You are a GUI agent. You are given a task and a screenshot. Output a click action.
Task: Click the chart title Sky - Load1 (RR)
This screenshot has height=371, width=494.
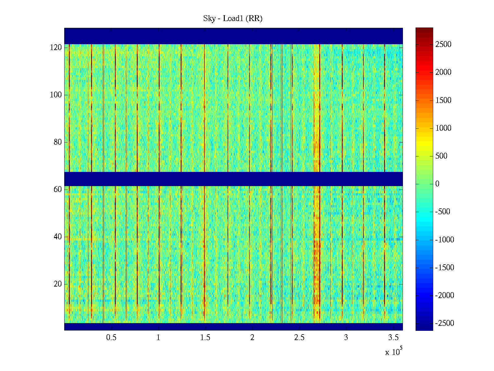(233, 19)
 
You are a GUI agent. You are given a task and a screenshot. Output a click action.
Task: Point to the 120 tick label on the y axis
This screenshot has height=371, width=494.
(56, 48)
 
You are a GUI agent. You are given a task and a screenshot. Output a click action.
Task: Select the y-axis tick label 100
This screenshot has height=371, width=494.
(56, 95)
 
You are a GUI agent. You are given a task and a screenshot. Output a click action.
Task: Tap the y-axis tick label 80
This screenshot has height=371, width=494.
(58, 142)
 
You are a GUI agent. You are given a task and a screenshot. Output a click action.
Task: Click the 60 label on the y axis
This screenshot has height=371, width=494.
(58, 190)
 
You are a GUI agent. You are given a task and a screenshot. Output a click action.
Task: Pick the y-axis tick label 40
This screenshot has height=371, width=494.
(58, 237)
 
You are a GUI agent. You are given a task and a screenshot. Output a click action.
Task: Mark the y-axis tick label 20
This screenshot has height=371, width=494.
(58, 284)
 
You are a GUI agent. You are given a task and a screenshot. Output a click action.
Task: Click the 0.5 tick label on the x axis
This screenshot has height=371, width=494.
(111, 338)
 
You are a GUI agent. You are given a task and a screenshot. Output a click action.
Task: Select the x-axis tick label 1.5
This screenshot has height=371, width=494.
(205, 338)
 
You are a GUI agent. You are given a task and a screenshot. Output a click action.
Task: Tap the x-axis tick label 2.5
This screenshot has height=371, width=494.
(299, 338)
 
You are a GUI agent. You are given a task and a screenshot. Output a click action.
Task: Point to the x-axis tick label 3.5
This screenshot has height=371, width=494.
(393, 338)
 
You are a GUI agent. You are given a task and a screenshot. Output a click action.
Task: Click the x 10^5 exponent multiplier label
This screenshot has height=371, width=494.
(393, 352)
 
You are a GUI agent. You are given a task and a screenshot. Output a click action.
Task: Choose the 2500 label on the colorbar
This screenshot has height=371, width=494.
(443, 45)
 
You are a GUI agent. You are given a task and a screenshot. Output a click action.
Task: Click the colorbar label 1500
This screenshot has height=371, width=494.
(443, 100)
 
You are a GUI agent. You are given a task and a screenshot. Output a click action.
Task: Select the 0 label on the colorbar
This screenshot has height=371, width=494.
(437, 184)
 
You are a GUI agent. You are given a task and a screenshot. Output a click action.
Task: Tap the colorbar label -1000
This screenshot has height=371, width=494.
(445, 240)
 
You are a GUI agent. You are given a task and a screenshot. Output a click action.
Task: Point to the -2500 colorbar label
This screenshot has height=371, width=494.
(445, 323)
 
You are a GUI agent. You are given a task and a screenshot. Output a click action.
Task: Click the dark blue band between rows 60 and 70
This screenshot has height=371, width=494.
(233, 179)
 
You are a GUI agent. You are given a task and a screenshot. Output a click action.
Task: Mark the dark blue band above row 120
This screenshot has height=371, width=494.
(233, 36)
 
